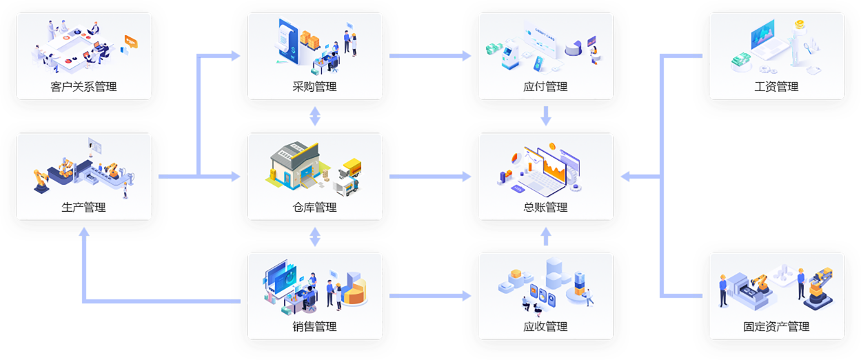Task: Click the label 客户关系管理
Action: [83, 87]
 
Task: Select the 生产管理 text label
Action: [83, 207]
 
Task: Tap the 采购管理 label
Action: [314, 87]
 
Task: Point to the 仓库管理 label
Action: [314, 207]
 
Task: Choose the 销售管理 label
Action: [314, 326]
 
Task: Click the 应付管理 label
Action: [545, 87]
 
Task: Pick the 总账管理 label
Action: [545, 207]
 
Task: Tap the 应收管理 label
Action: [545, 326]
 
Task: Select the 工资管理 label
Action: [776, 87]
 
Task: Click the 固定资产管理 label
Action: [776, 326]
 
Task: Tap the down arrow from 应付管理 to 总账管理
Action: [546, 116]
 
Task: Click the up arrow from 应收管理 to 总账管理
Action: [546, 237]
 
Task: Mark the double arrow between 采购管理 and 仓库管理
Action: [315, 116]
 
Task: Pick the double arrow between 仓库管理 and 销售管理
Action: [315, 237]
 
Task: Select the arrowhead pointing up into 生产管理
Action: [83, 234]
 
